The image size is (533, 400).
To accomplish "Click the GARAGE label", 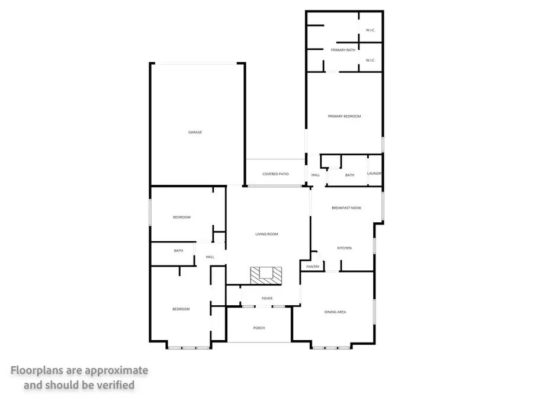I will [195, 132].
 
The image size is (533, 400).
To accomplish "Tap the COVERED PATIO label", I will [275, 174].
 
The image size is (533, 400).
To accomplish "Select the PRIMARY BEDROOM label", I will [345, 116].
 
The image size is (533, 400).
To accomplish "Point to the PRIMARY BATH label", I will [343, 50].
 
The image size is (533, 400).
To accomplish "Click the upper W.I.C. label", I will [371, 30].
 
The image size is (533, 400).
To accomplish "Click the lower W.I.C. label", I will [371, 60].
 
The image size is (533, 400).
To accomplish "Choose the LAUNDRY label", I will [374, 174].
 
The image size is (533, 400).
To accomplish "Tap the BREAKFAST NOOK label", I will [346, 208].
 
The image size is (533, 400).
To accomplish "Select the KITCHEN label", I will [345, 248].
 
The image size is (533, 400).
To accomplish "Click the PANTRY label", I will [313, 267].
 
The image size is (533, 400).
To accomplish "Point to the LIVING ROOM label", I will [266, 234].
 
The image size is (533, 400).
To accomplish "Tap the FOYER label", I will [267, 298].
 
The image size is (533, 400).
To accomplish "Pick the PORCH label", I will [259, 328].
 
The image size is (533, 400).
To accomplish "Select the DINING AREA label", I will [335, 312].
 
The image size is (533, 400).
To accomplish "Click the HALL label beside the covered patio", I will [316, 175].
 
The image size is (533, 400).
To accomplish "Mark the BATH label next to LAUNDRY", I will [350, 175].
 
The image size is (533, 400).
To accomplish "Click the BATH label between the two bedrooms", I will [178, 251].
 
